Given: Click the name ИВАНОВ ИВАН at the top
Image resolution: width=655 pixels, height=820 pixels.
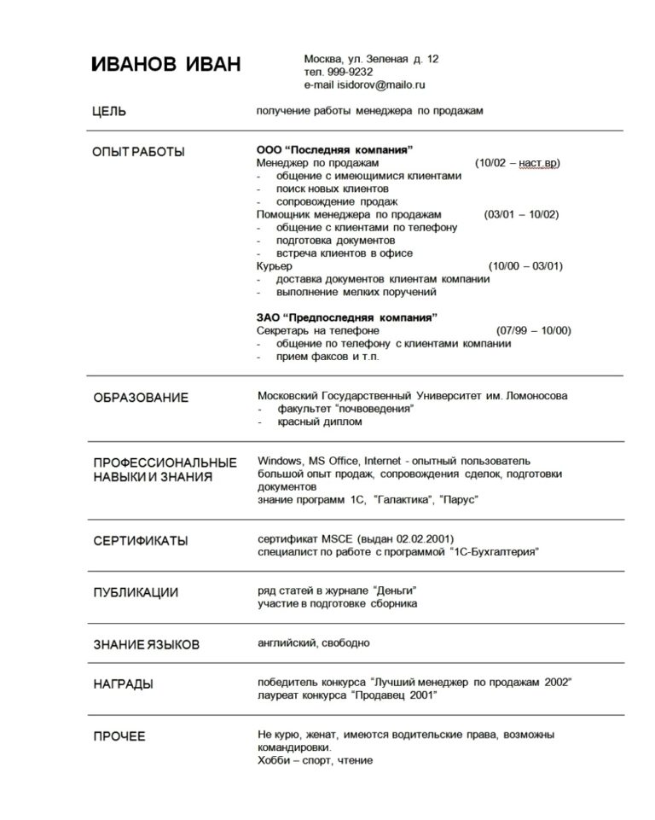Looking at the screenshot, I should [x=165, y=65].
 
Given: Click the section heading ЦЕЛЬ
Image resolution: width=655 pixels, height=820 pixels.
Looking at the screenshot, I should [x=109, y=111].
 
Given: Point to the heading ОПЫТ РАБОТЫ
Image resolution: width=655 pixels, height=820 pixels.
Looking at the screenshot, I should [x=138, y=152].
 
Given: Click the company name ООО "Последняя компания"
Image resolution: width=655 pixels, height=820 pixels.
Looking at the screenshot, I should [x=334, y=149].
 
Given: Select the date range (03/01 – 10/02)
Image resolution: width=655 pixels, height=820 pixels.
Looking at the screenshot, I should [x=521, y=214].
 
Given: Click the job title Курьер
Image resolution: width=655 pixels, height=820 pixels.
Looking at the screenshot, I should [x=275, y=265].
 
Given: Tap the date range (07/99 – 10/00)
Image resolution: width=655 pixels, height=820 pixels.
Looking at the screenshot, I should [x=533, y=330].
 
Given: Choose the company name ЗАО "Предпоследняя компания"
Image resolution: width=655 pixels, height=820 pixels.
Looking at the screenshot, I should [x=346, y=317].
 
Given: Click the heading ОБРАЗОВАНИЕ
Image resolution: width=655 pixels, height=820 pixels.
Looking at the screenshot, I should [x=141, y=398].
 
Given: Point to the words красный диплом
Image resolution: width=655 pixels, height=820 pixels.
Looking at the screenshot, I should [x=319, y=422].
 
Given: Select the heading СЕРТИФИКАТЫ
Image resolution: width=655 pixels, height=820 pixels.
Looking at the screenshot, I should [x=141, y=541].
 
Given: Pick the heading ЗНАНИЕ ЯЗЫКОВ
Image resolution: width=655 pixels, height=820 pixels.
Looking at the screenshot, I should [x=146, y=644].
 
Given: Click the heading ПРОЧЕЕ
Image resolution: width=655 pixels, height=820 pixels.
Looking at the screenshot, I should [x=119, y=736].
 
